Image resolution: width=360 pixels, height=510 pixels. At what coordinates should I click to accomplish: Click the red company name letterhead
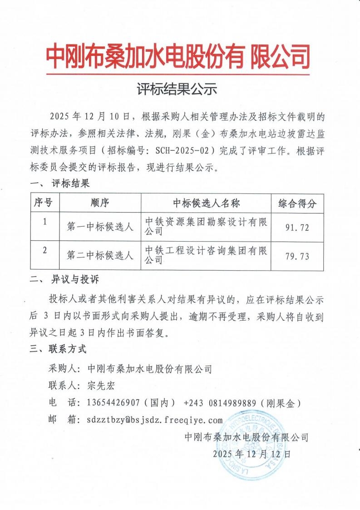pos(179,57)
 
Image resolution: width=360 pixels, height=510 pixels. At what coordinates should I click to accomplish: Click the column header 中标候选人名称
pos(206,203)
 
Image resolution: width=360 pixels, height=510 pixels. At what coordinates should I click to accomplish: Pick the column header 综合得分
pos(297,203)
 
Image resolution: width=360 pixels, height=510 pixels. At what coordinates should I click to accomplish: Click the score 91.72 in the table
pos(297,228)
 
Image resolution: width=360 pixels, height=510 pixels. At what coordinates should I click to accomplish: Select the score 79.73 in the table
pos(297,256)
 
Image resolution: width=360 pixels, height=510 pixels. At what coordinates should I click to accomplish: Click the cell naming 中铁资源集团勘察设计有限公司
pos(206,227)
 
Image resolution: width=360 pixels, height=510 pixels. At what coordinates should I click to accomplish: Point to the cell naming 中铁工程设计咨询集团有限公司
pos(206,255)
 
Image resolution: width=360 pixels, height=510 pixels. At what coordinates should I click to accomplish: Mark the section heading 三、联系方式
pos(58,350)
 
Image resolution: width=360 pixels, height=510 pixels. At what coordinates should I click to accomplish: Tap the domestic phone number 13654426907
pos(110,403)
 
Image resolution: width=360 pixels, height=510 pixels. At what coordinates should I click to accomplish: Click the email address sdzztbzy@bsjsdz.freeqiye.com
pos(155,420)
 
